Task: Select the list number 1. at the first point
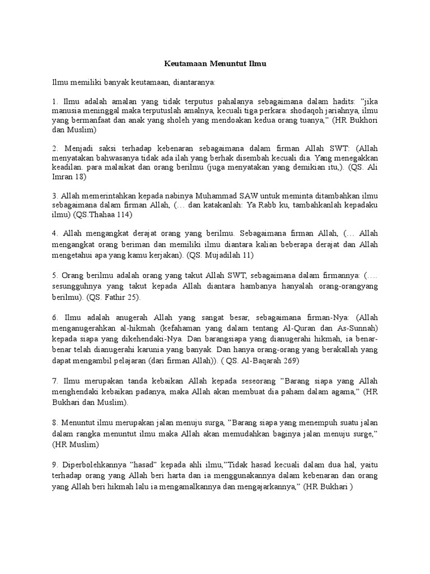click(x=55, y=102)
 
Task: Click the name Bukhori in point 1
click(x=361, y=120)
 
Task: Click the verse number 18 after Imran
click(x=81, y=176)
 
